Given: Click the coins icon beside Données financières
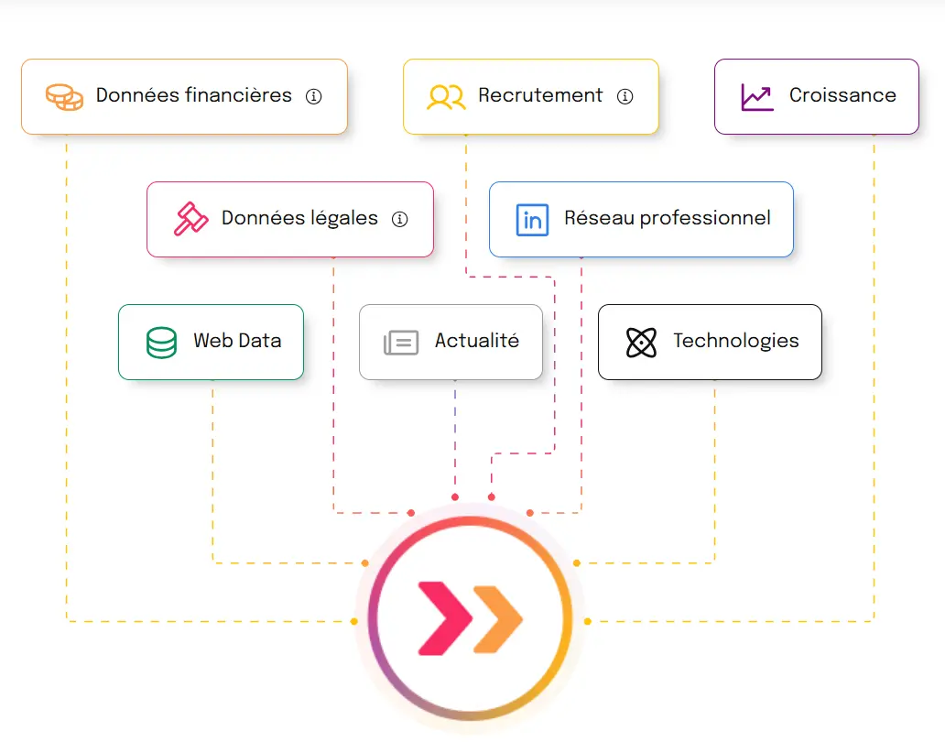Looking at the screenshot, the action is coord(64,96).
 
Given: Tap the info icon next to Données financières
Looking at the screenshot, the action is coord(314,96).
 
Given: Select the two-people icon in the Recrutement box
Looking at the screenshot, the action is coord(446,96).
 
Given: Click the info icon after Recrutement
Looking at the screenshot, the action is coord(625,96).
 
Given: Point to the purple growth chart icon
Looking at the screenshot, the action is coord(757,96).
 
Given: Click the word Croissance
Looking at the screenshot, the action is coord(842,95).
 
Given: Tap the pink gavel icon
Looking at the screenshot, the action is coord(190,219).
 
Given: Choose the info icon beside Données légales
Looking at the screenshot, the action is coord(399,219).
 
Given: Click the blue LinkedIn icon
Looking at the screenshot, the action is coord(532,220).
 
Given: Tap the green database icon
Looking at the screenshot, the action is coord(161,342).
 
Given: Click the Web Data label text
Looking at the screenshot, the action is coord(237,341).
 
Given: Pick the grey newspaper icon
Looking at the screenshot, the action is coord(401,343).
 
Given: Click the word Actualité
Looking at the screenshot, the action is coord(476,341).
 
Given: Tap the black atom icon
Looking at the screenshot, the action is coord(641,343).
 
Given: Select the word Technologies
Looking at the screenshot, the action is coord(736,341).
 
